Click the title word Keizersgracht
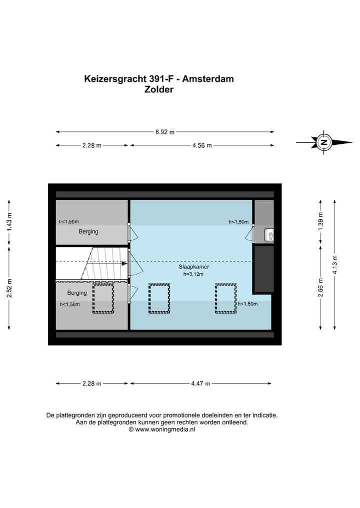(114, 79)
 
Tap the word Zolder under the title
(158, 90)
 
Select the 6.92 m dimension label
(165, 132)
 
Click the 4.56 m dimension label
(202, 145)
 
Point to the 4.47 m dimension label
(200, 384)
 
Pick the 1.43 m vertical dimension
(9, 223)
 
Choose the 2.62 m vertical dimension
(9, 288)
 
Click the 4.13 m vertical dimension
(335, 265)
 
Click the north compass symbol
(324, 142)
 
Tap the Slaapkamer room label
(194, 267)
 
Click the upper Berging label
(88, 232)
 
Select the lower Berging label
(77, 293)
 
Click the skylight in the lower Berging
(103, 299)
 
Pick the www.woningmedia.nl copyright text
(162, 429)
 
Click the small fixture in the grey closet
(269, 234)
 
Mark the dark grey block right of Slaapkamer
(264, 268)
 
